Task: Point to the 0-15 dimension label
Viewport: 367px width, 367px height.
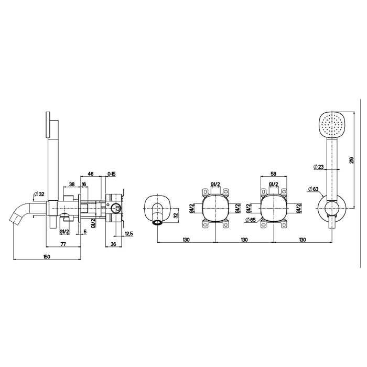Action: [112, 174]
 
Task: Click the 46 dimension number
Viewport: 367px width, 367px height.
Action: [90, 174]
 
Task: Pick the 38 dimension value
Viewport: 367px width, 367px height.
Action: [72, 184]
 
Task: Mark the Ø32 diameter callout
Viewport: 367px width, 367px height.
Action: [39, 195]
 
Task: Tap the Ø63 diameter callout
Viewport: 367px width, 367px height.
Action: [314, 189]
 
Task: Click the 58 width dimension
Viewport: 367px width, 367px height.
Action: [273, 174]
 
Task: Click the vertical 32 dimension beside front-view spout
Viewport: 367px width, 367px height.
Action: [176, 214]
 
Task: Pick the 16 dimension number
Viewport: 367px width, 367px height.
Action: [84, 184]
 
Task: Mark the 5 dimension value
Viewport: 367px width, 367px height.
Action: [84, 231]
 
